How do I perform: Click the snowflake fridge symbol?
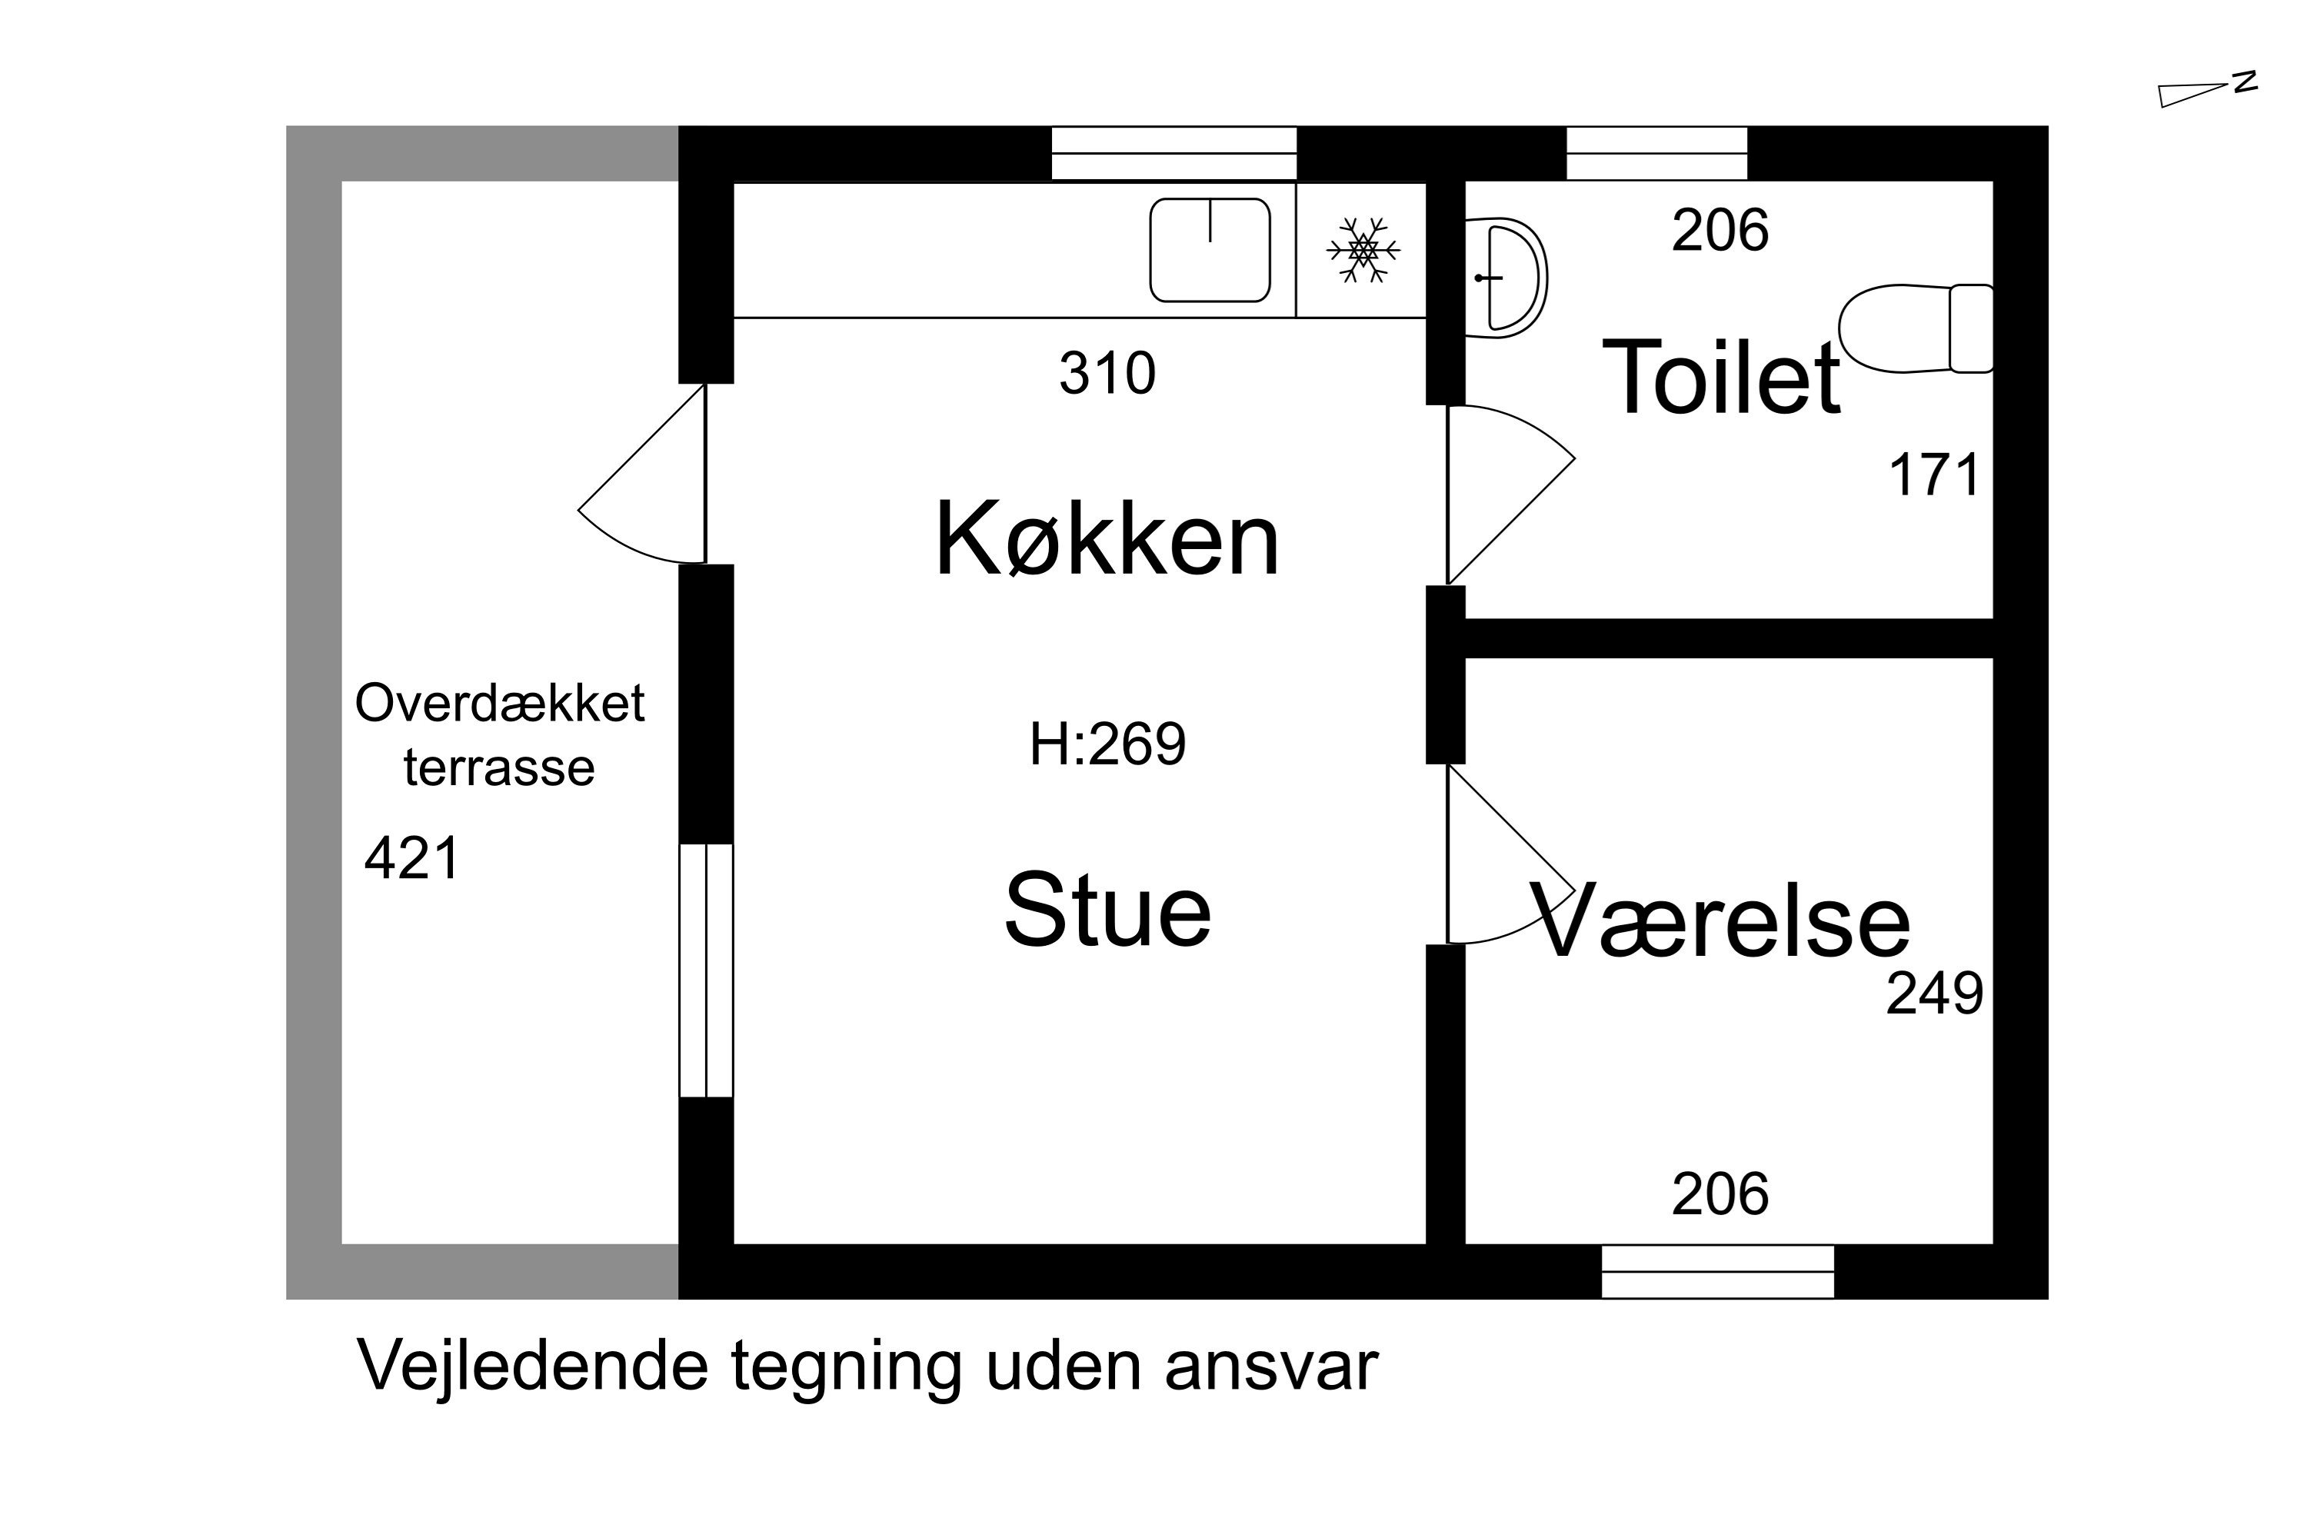point(1363,250)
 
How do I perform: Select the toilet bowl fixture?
point(1915,328)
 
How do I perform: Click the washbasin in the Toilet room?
point(1506,278)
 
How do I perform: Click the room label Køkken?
point(1107,541)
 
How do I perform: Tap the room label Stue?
point(1107,910)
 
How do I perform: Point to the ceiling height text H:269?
point(1107,744)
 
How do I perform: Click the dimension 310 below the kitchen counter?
point(1107,374)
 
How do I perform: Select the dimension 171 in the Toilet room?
point(1933,476)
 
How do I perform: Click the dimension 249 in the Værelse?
point(1934,994)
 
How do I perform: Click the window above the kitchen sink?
point(1173,154)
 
